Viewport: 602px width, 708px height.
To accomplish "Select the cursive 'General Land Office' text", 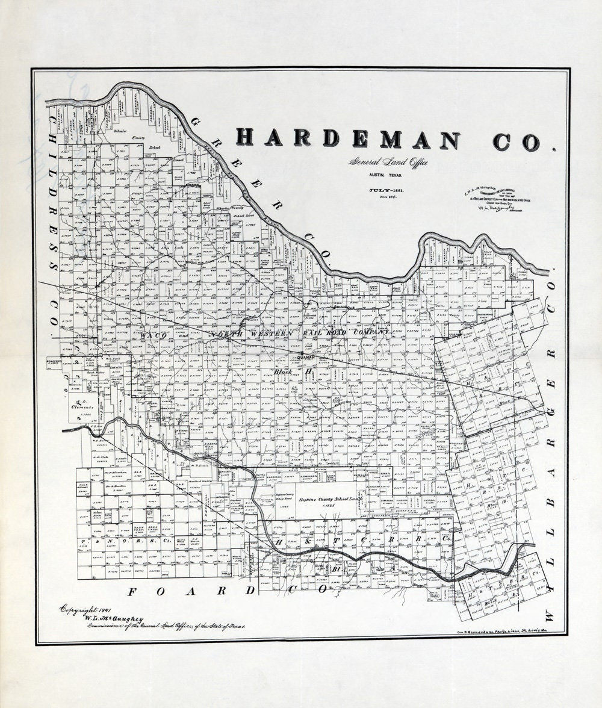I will click(x=388, y=162).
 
